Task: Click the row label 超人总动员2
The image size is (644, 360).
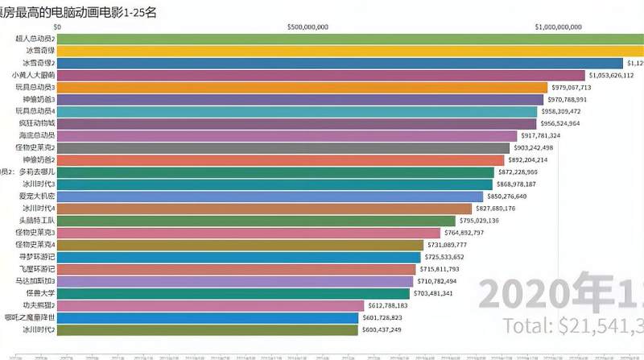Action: coord(35,39)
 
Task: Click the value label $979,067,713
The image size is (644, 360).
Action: coord(570,87)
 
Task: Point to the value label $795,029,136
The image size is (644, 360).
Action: coord(478,221)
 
